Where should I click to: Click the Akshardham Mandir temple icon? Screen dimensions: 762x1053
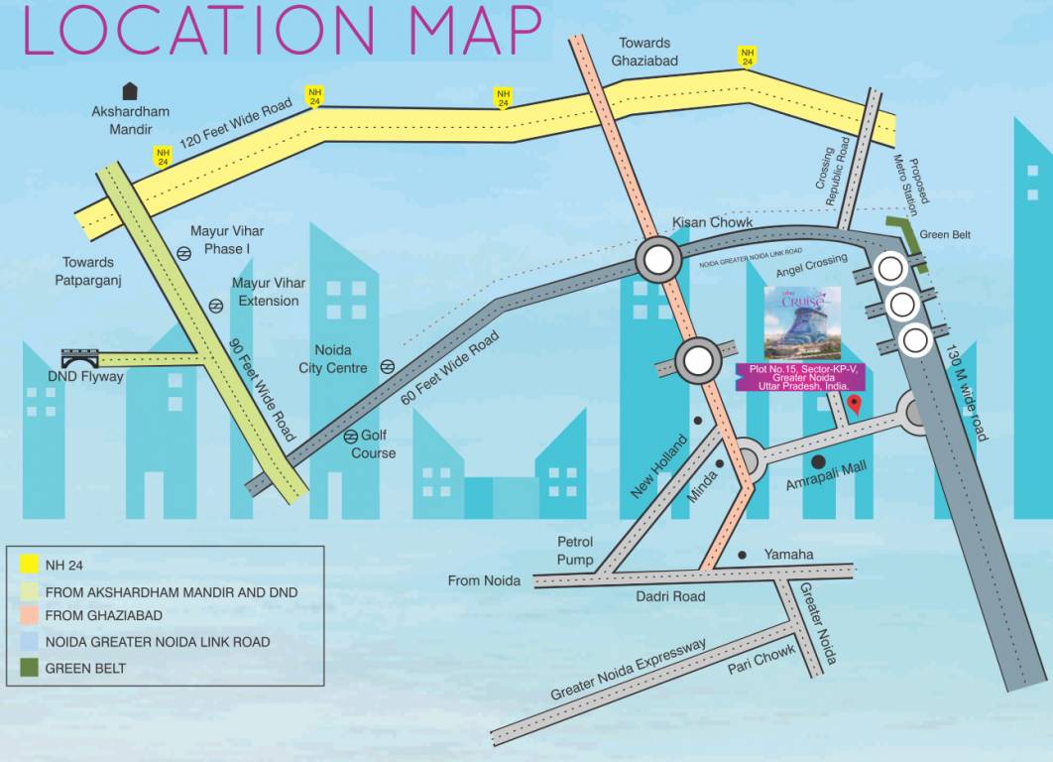pos(130,90)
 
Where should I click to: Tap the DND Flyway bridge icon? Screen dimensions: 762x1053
pos(79,358)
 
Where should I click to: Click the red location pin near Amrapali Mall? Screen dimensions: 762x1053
pos(856,404)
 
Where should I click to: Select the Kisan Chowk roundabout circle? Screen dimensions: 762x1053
pos(658,262)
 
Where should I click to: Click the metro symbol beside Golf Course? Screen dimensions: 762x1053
pos(351,437)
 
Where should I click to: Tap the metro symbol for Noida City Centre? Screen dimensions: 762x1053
pos(388,366)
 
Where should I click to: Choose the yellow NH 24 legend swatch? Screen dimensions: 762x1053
pos(29,565)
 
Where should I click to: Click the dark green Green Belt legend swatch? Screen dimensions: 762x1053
pos(29,668)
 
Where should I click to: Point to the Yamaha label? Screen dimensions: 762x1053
pos(788,554)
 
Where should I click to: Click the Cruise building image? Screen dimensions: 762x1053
pos(802,322)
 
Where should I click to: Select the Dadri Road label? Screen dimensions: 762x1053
pos(670,595)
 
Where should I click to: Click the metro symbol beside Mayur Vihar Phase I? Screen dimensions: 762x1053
pos(184,253)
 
